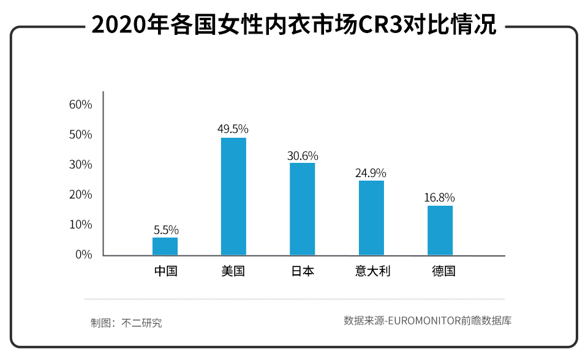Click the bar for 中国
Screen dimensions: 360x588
pyautogui.click(x=165, y=246)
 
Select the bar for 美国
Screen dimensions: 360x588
pyautogui.click(x=233, y=197)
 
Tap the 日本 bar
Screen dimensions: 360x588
pyautogui.click(x=302, y=209)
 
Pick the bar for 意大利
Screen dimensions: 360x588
pyautogui.click(x=371, y=217)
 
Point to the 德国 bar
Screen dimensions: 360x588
pyautogui.click(x=440, y=230)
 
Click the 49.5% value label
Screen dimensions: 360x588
pyautogui.click(x=233, y=129)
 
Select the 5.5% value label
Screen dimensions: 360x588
pyautogui.click(x=165, y=230)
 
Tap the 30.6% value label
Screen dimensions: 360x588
pyautogui.click(x=303, y=156)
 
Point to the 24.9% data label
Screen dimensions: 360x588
pyautogui.click(x=371, y=173)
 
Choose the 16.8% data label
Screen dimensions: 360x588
pyautogui.click(x=439, y=198)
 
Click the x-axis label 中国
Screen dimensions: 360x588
pyautogui.click(x=165, y=271)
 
